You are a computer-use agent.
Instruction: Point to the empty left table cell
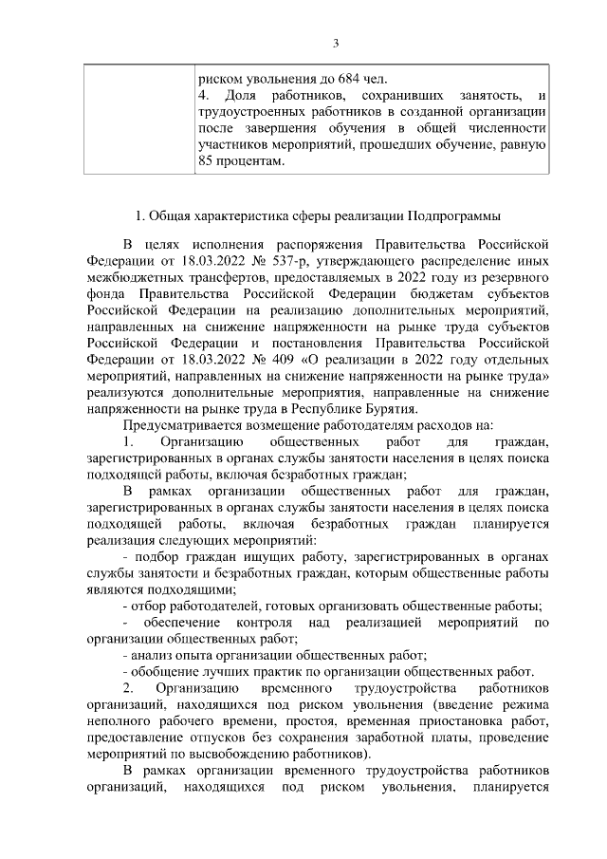pos(137,120)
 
